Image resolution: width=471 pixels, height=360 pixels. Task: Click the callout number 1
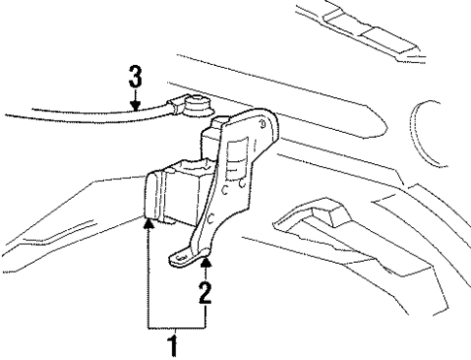coord(175,343)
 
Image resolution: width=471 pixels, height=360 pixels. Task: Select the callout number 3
coord(134,75)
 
